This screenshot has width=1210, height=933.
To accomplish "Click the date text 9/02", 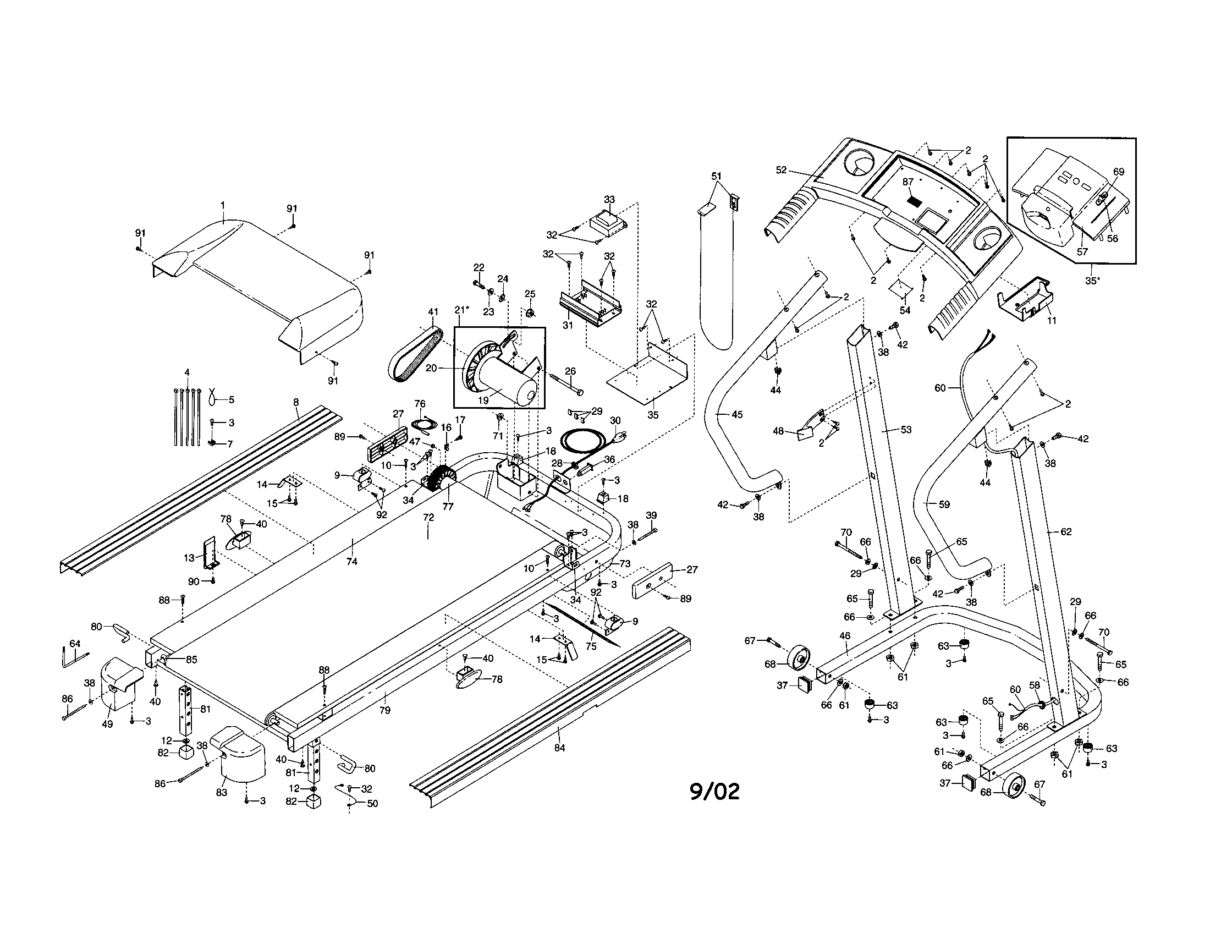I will [x=714, y=792].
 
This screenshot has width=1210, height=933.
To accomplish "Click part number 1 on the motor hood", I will [x=223, y=205].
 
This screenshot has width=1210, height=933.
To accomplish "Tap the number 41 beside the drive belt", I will [x=433, y=312].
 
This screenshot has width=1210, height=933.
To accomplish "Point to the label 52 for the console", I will [x=781, y=170].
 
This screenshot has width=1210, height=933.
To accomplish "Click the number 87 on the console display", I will [x=908, y=181].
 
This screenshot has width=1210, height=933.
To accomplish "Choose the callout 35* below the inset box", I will [x=1092, y=281].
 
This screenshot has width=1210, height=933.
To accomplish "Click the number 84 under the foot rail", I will [x=559, y=748].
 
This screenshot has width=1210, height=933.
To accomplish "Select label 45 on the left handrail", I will [x=737, y=414].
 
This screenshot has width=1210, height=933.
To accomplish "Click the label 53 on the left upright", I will [x=906, y=430].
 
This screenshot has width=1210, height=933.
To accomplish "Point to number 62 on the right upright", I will [x=1065, y=532].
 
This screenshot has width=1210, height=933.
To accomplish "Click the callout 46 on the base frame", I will [x=845, y=636].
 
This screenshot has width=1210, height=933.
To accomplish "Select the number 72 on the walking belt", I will [x=428, y=518].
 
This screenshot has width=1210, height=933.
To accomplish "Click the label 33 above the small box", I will [x=609, y=200].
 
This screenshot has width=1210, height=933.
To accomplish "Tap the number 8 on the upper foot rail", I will [x=296, y=401].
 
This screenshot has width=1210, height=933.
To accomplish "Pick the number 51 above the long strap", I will [x=717, y=176].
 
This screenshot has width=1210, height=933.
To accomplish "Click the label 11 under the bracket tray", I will [x=1052, y=320].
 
